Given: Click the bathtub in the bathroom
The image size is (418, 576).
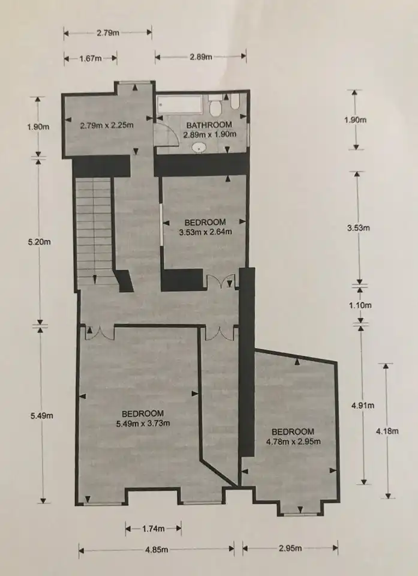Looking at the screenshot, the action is [x=180, y=104].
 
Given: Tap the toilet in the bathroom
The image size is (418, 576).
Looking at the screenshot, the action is [x=215, y=104].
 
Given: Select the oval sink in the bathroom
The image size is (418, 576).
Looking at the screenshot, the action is [x=199, y=148].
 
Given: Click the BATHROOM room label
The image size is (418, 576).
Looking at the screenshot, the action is [x=209, y=125].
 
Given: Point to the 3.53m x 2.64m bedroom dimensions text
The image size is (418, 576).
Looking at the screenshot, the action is [x=205, y=232].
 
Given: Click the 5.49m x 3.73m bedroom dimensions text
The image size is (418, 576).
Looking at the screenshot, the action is [x=143, y=423].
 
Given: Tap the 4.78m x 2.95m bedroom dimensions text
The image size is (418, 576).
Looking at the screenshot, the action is [x=293, y=441].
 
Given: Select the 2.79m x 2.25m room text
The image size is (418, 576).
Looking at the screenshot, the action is [x=107, y=125].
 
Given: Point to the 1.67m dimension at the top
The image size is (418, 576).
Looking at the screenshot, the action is [x=91, y=58].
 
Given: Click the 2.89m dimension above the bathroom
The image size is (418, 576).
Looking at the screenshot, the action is [x=201, y=57].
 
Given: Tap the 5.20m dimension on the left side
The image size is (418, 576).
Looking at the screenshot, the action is [x=40, y=242].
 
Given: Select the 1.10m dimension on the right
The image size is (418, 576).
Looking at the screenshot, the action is [x=360, y=305].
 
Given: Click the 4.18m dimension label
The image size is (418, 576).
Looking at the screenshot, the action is [x=387, y=431].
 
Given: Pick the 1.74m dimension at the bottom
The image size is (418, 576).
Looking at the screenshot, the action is [x=153, y=529].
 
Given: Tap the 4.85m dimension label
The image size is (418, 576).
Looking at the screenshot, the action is [x=157, y=550].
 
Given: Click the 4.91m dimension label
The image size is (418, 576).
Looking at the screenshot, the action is [x=363, y=405].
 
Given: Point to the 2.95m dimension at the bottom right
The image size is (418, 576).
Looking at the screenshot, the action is [x=290, y=548].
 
